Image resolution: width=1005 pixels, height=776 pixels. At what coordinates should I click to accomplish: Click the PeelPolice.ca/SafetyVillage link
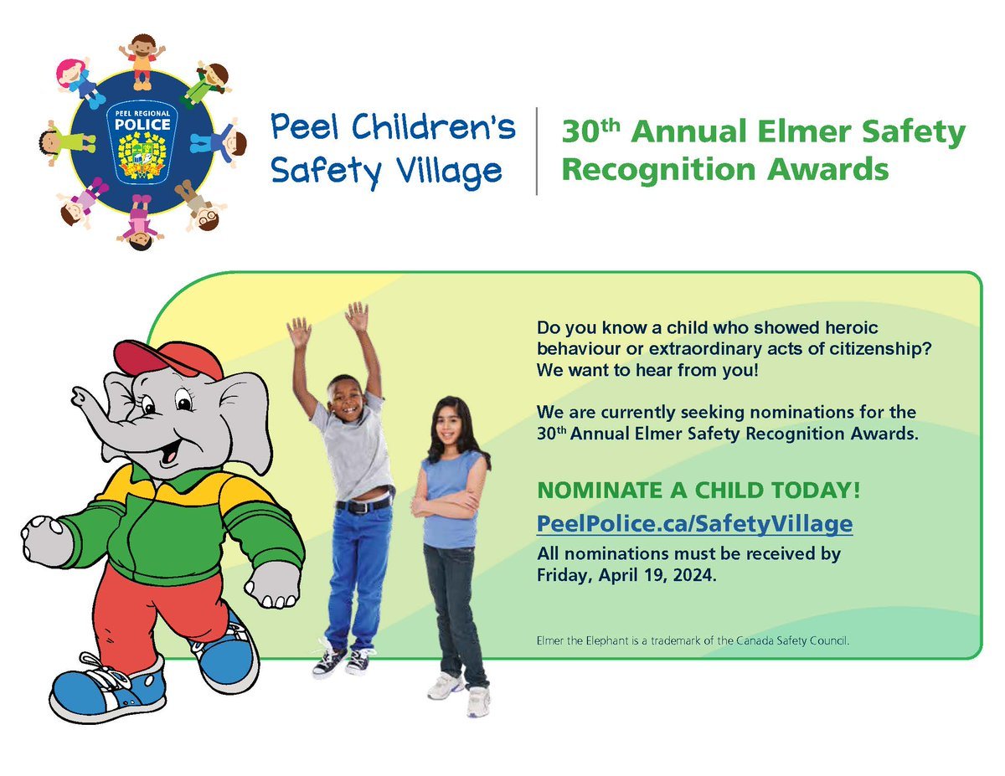coord(694,525)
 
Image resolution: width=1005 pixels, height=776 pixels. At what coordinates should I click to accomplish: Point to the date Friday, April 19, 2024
coord(626,575)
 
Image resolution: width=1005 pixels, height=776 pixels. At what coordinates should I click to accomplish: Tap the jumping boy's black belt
coord(363,506)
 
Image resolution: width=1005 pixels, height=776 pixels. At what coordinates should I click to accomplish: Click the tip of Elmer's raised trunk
coord(77,393)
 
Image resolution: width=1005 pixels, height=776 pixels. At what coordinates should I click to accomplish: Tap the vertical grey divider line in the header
coord(537,152)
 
